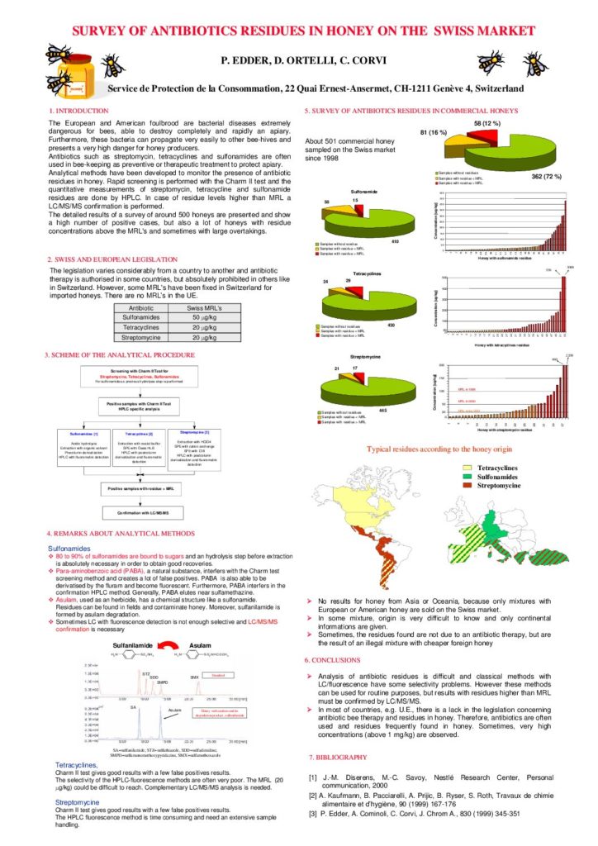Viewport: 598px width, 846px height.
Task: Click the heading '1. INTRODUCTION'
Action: pos(78,111)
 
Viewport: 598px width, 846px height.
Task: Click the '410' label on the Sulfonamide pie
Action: pos(396,241)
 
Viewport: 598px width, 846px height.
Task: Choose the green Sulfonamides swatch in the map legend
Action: pos(474,478)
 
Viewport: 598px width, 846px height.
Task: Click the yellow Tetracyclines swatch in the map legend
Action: pos(474,467)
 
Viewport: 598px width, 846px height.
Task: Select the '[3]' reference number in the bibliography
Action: pos(313,814)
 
